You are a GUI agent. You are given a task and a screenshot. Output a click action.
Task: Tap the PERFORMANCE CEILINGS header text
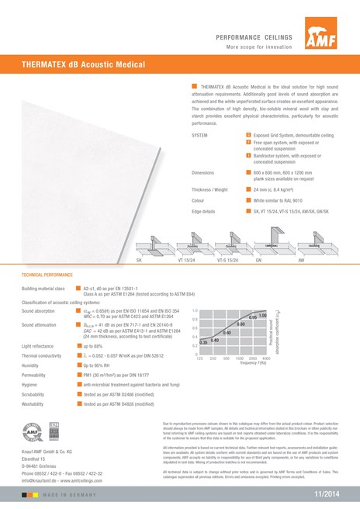pyautogui.click(x=253, y=36)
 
